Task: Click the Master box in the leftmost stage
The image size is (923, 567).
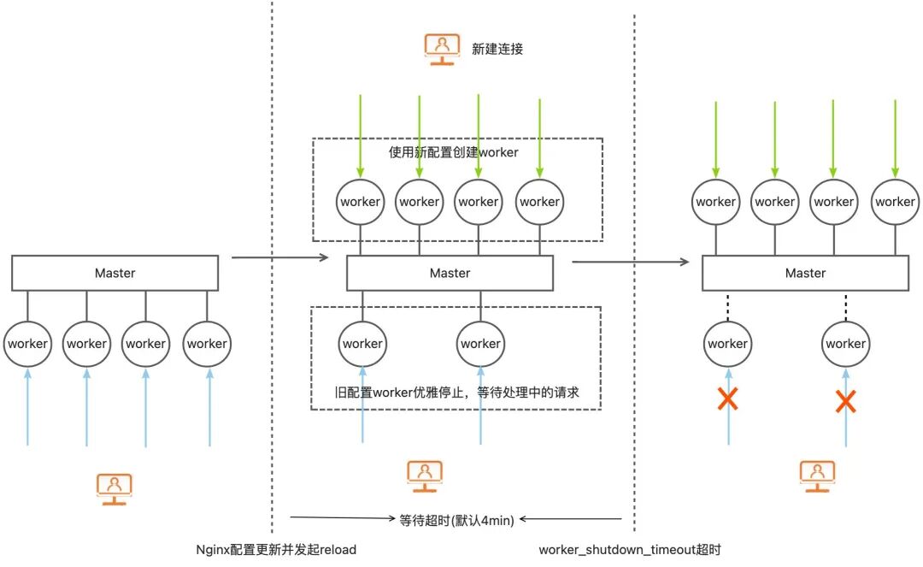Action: [115, 273]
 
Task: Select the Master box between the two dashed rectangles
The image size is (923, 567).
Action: [450, 273]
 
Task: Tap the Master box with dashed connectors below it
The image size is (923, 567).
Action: [805, 273]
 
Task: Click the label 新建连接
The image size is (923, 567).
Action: [497, 49]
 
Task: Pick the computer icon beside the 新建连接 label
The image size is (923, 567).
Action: [442, 49]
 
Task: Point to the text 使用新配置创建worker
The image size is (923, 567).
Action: [453, 152]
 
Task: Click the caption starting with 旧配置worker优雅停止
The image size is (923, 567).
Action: [456, 393]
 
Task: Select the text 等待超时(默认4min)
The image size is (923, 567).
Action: [457, 518]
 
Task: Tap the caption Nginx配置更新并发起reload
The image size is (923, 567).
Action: [276, 549]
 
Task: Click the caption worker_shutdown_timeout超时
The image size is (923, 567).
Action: [636, 549]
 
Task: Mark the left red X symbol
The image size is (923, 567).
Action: [727, 399]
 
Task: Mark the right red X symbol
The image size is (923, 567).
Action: [845, 400]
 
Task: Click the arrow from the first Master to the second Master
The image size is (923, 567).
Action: [279, 257]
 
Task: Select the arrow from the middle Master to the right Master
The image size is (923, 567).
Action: [630, 262]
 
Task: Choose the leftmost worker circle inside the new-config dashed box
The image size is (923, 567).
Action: [360, 202]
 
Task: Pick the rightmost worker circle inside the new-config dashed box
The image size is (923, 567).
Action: [539, 202]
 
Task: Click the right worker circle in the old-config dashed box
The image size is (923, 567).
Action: [479, 343]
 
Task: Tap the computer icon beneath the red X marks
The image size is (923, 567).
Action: [816, 473]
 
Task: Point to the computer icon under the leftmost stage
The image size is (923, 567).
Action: [114, 487]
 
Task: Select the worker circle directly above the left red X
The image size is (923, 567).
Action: [727, 343]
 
